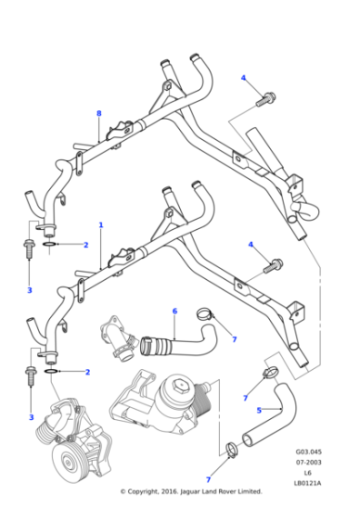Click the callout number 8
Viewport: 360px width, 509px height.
[x=98, y=113]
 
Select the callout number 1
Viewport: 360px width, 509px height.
[x=100, y=225]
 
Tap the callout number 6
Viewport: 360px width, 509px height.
[x=175, y=312]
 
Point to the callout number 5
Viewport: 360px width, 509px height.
[x=259, y=410]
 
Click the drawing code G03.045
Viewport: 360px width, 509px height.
[x=307, y=450]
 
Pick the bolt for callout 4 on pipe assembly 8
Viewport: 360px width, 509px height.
[x=268, y=96]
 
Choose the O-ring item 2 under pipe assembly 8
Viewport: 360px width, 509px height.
[x=52, y=245]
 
